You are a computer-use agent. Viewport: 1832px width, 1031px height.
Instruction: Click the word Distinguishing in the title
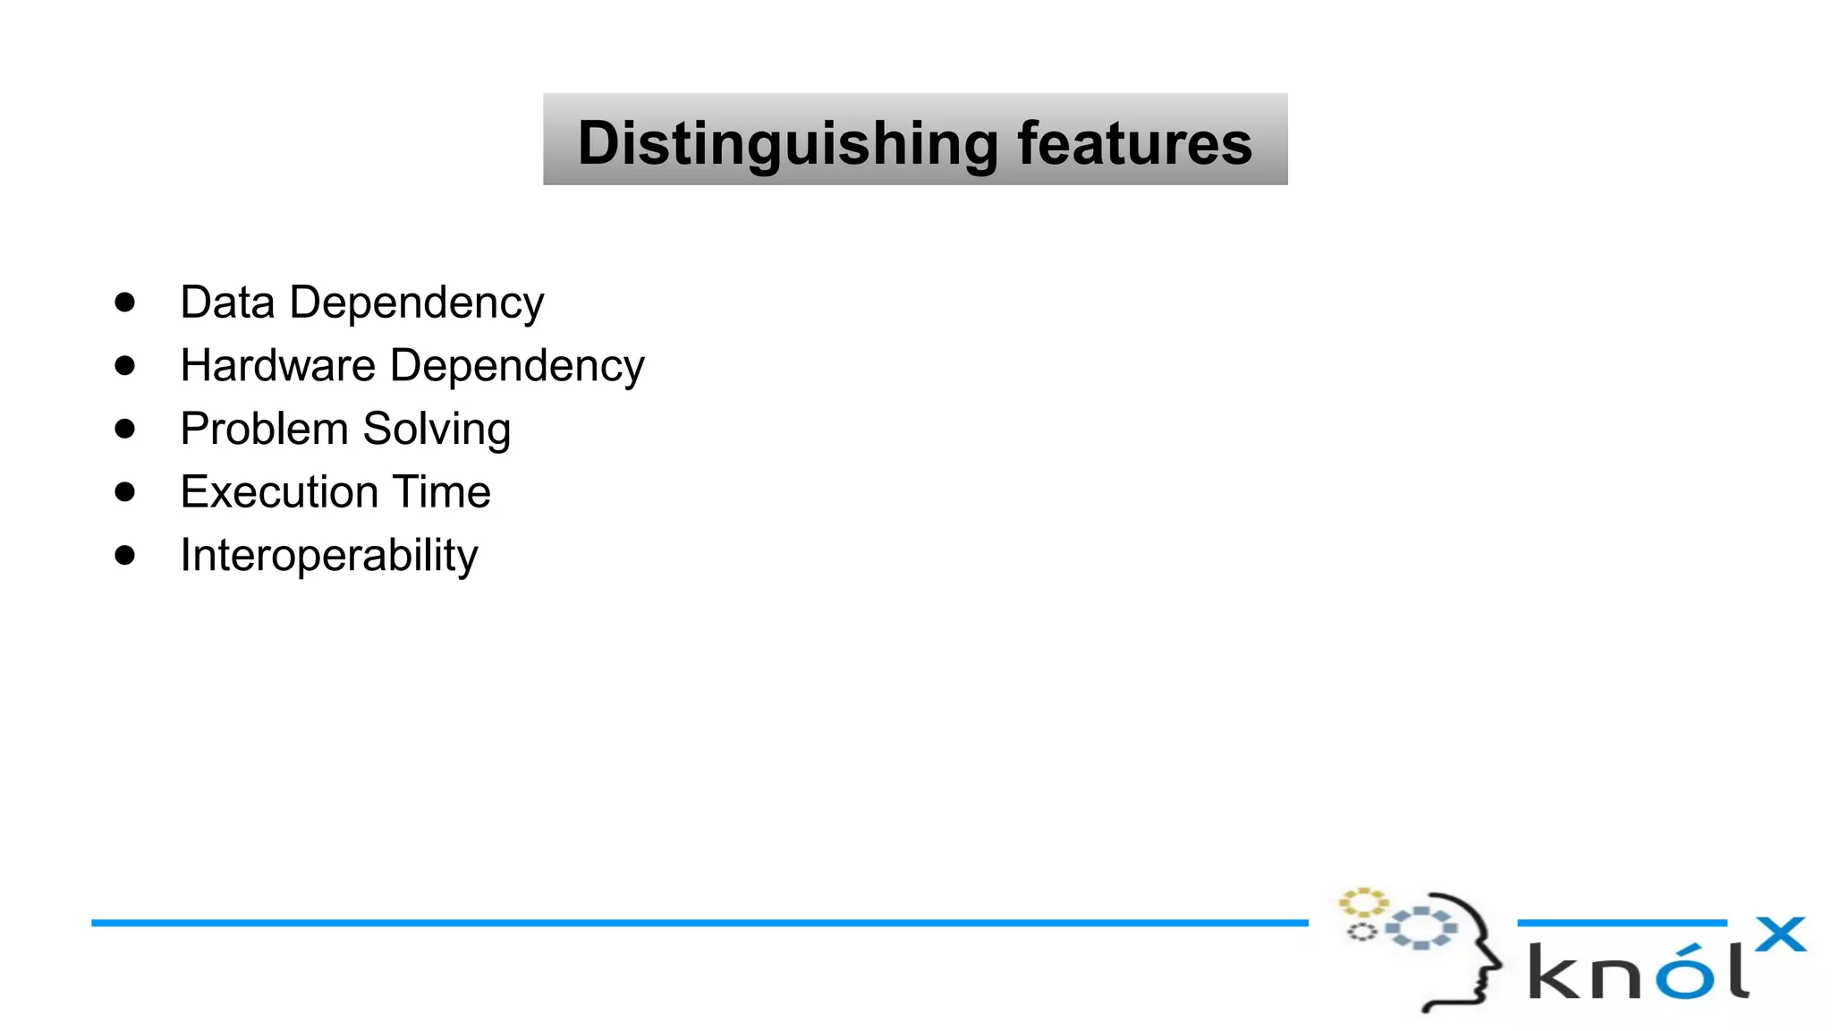pos(787,143)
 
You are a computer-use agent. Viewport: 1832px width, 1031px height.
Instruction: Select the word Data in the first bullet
pos(227,302)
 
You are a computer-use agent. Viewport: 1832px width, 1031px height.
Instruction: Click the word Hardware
pos(278,366)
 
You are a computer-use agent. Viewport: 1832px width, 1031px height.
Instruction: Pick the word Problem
pos(264,429)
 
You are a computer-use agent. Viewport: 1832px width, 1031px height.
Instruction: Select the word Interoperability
pos(329,556)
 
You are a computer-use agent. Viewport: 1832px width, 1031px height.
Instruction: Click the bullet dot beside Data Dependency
pos(125,302)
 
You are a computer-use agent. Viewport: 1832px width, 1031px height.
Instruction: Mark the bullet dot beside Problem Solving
pos(125,429)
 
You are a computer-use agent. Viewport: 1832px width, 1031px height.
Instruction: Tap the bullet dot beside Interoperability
pos(125,556)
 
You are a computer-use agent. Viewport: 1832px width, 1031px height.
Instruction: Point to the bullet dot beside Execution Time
pos(125,492)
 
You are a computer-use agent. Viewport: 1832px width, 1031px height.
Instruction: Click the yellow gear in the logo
pos(1362,902)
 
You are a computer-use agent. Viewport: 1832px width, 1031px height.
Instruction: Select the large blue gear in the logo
pos(1421,928)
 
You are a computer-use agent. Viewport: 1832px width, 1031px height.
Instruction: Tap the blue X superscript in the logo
pos(1780,935)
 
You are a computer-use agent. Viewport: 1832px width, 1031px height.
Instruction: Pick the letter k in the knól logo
pos(1554,973)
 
